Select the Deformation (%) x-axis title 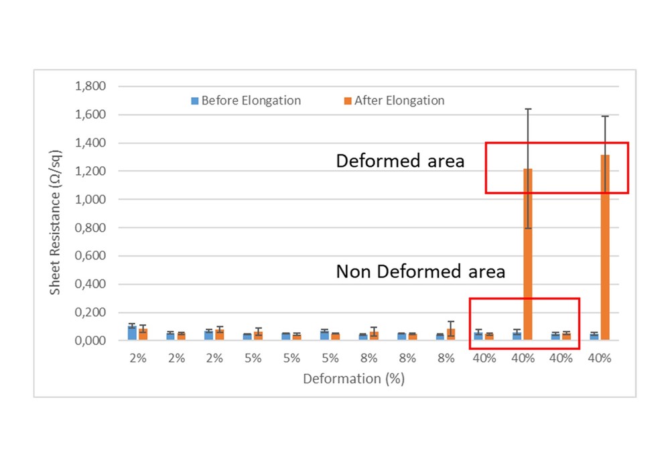[x=353, y=379]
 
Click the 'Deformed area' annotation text [x=400, y=161]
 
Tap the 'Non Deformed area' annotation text [x=420, y=271]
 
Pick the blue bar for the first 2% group [x=133, y=333]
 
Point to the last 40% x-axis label [x=600, y=358]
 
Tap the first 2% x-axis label [x=138, y=358]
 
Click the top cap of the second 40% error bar [x=528, y=109]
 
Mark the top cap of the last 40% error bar [x=605, y=116]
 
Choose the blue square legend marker [x=196, y=101]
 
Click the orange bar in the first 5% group [x=258, y=336]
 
